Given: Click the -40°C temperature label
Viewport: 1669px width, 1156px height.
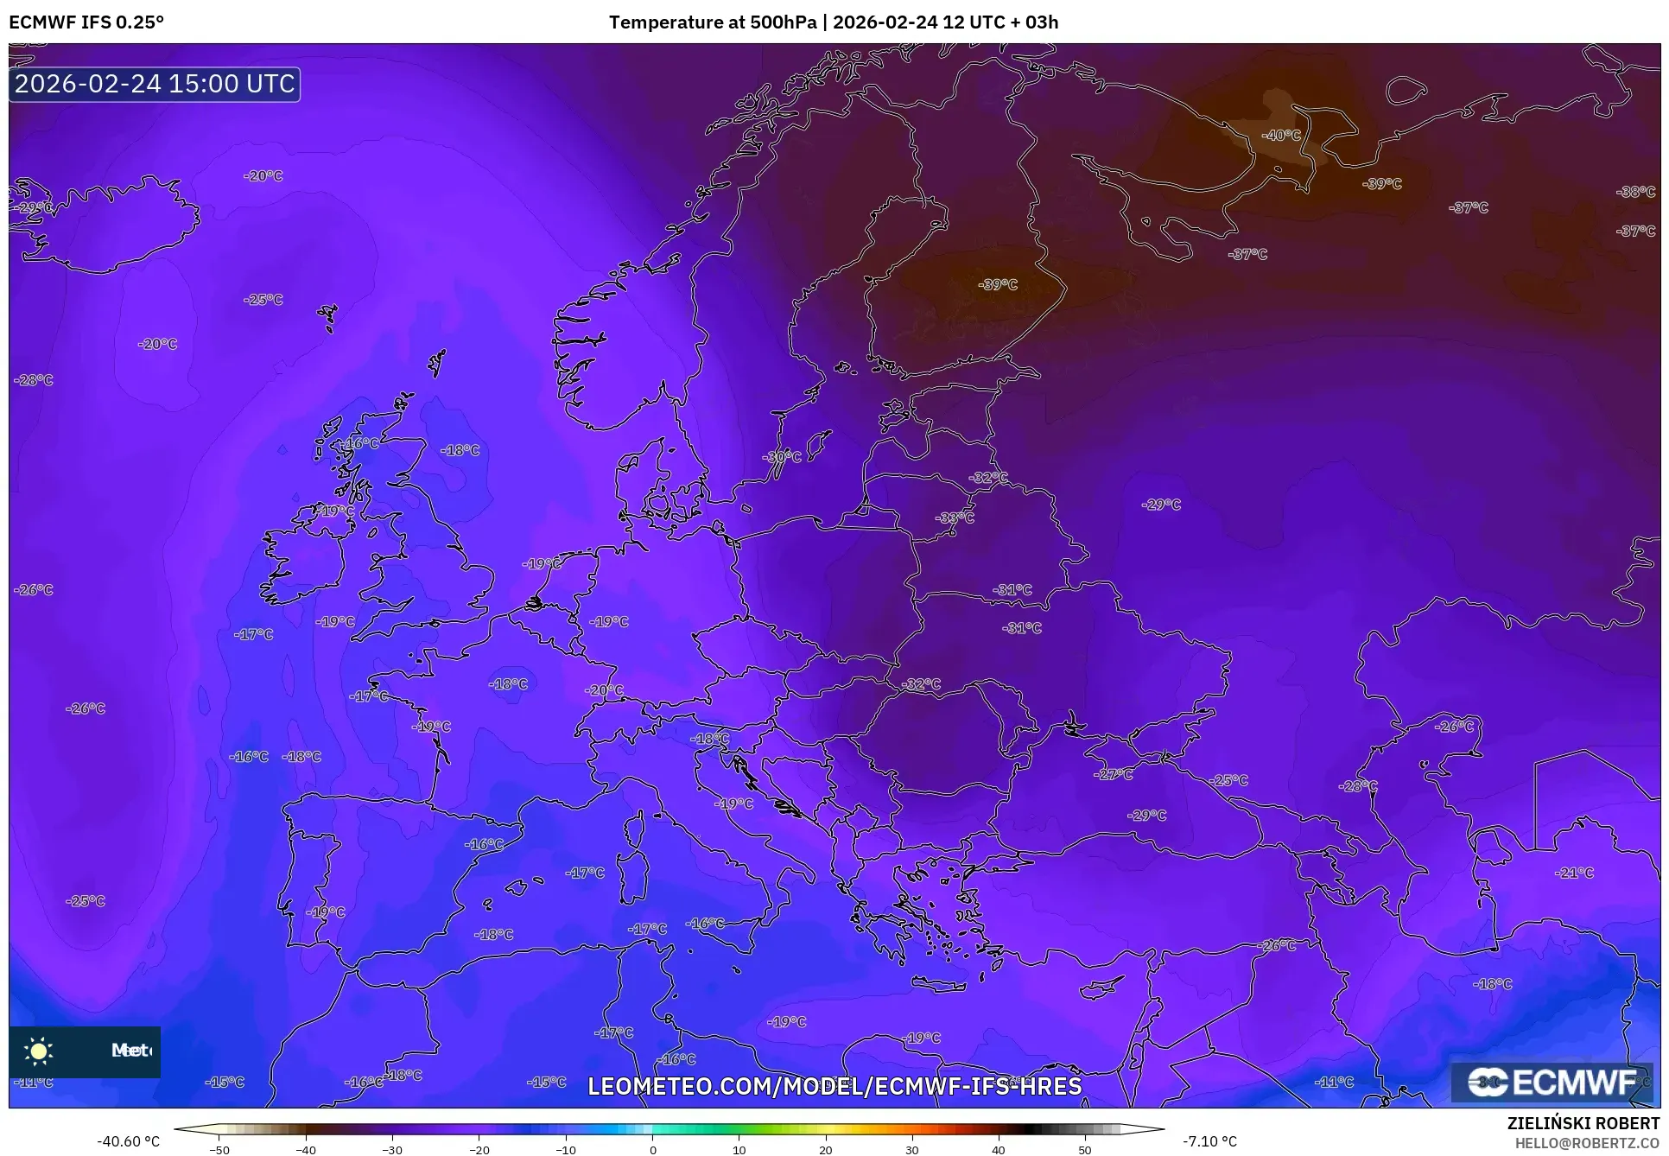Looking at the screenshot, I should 1280,136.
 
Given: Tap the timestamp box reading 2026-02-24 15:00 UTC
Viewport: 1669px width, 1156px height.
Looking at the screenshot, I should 155,84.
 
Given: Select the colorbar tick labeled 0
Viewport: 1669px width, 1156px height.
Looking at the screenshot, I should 652,1149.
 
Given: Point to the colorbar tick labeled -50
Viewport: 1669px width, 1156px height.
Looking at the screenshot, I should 219,1149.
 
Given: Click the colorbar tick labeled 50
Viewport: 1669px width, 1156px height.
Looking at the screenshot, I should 1085,1149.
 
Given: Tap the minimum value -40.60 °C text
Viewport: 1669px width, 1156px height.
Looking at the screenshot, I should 128,1141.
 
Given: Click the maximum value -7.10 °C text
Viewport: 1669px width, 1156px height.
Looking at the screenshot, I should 1209,1141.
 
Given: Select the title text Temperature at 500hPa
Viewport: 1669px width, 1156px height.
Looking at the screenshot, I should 712,22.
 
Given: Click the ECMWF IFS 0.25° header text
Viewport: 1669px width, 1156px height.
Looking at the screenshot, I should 86,22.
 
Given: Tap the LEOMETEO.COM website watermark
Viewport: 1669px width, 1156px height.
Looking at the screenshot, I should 834,1086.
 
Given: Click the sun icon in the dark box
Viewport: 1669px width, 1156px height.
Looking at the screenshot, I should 39,1051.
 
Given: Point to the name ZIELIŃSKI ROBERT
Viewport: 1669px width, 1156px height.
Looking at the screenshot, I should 1583,1124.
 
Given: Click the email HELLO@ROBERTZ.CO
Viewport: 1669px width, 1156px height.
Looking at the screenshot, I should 1587,1143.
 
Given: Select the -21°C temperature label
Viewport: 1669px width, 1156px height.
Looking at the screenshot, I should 1573,873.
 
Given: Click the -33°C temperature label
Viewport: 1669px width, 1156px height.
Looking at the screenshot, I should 954,518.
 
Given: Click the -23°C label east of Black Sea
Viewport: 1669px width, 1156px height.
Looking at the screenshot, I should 1357,786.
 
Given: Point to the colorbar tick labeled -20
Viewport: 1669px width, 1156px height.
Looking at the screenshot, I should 479,1149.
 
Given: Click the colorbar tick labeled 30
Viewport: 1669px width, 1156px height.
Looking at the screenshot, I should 912,1149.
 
